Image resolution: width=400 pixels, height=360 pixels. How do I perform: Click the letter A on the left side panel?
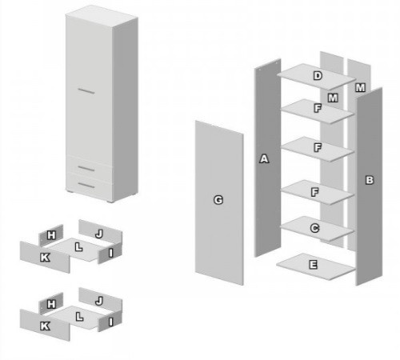264,158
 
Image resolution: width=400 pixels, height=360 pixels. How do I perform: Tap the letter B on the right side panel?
370,180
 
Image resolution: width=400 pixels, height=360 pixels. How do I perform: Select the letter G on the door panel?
218,200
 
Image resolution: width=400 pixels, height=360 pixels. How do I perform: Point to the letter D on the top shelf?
318,76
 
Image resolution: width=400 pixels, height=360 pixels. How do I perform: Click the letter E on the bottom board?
313,265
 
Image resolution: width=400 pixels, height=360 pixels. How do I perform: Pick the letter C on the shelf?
314,228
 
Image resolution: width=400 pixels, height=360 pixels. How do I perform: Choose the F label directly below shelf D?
318,108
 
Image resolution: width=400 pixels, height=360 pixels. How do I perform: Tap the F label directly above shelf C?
315,192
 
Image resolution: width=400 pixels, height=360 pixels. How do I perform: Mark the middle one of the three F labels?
318,147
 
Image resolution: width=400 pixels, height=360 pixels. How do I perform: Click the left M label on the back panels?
333,98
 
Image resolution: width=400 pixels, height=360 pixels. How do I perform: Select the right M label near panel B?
360,87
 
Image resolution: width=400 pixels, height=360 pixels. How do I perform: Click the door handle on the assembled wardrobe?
86,91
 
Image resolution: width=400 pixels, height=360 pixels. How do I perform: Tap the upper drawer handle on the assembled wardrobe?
86,168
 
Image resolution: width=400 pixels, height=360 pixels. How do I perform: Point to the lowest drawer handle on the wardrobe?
86,185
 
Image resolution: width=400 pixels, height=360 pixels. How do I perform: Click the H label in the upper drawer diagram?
51,235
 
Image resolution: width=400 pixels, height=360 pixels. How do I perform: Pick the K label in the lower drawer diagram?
45,326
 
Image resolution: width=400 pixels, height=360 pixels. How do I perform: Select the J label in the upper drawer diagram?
99,234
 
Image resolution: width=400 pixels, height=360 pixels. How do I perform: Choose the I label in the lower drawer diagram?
111,322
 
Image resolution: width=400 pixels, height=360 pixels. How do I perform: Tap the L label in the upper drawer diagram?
78,247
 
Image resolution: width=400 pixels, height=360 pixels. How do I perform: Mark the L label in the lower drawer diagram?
79,317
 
